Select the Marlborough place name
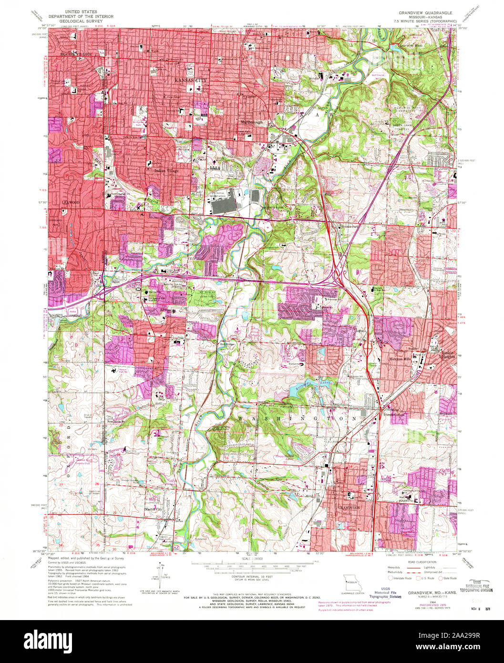(x=251, y=123)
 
